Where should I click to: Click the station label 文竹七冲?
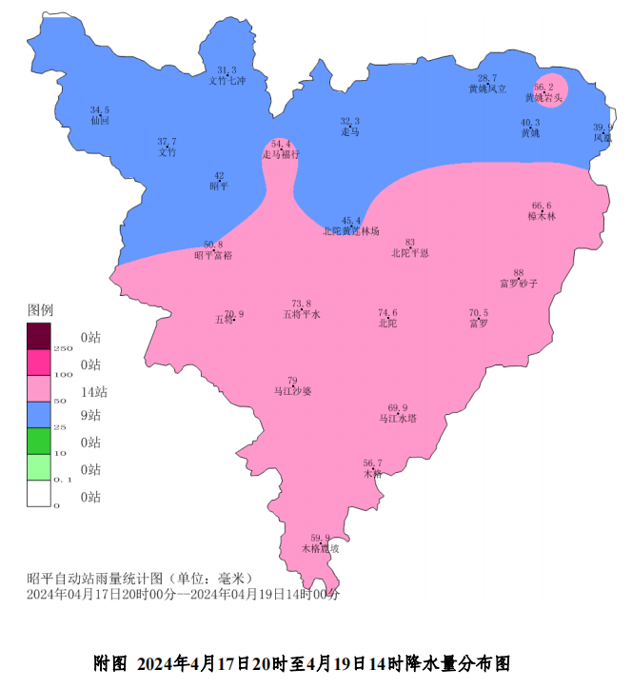(227, 81)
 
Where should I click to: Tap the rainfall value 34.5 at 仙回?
(100, 110)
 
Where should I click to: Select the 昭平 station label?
(219, 187)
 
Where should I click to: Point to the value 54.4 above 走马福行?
(281, 144)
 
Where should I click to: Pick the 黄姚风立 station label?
(487, 89)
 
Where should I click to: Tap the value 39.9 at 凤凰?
(602, 128)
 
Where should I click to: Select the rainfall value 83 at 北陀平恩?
(410, 243)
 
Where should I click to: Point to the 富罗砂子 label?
(519, 284)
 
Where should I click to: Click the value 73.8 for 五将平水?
(302, 304)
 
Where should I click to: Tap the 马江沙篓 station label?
(292, 391)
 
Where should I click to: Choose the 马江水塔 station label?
(398, 418)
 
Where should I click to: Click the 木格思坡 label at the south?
(320, 548)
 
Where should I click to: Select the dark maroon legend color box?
(38, 337)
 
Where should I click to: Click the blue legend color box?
(38, 415)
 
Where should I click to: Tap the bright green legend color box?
(38, 441)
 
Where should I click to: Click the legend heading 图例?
(40, 311)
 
